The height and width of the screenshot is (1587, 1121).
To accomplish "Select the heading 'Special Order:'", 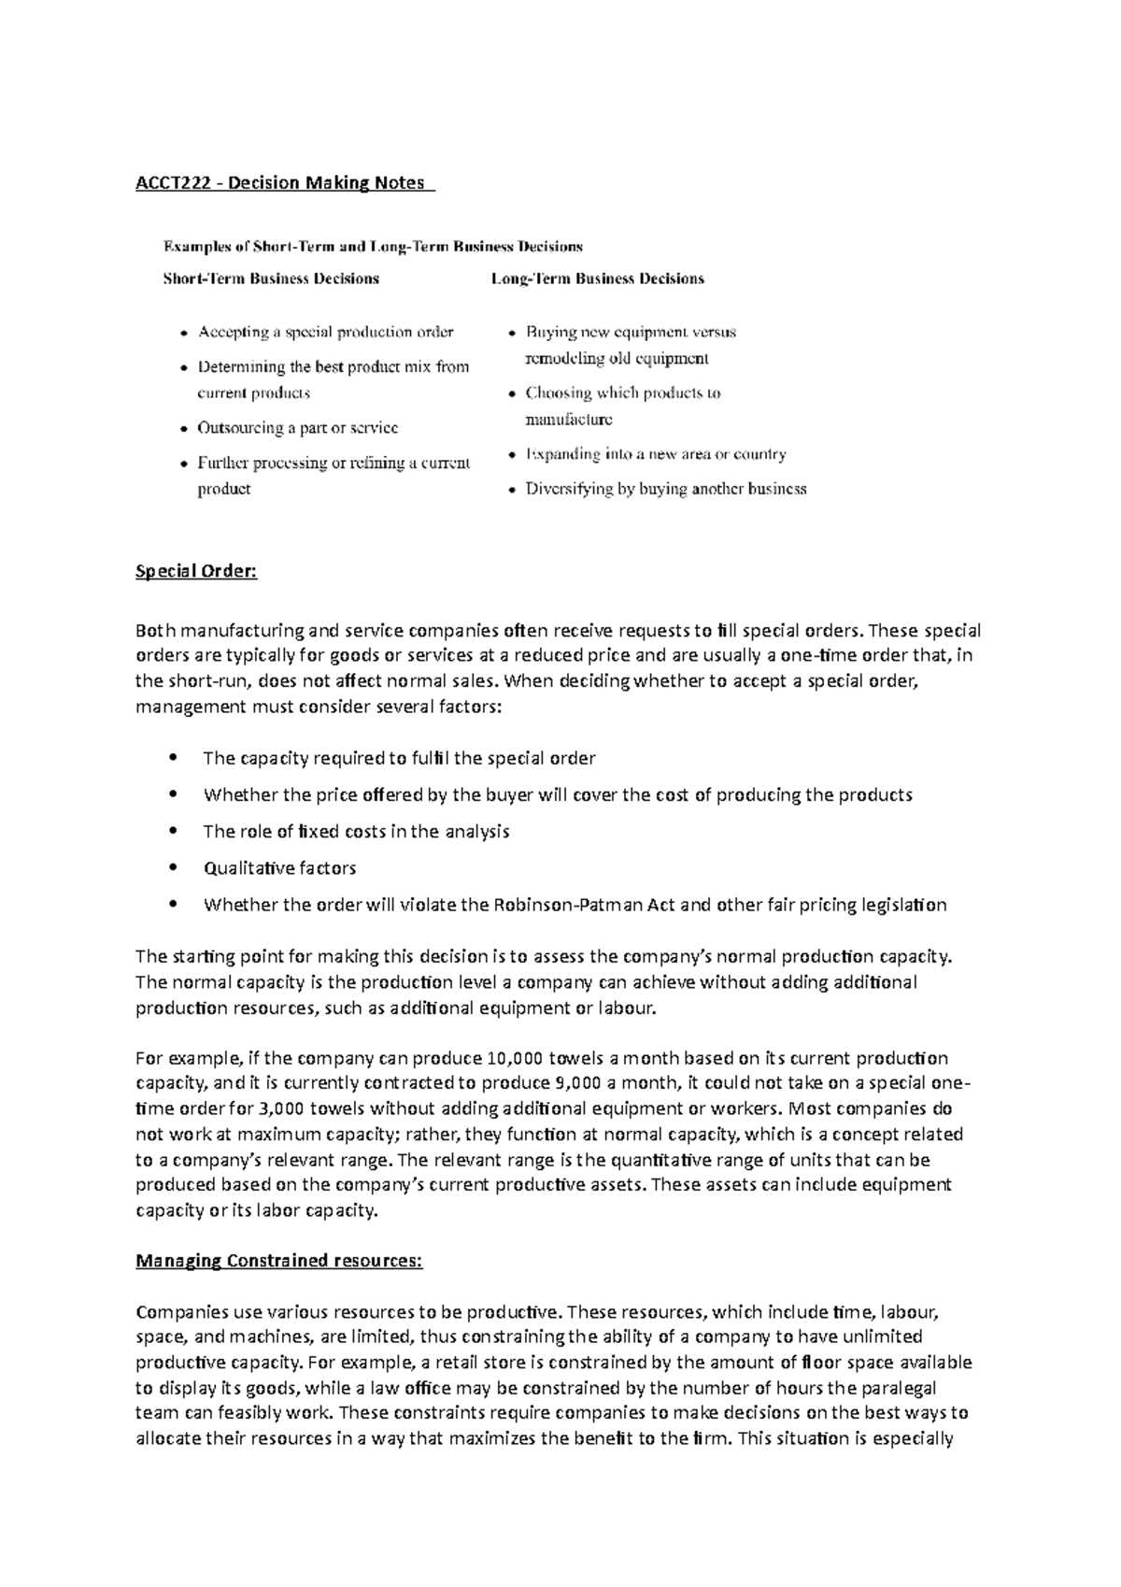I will [196, 571].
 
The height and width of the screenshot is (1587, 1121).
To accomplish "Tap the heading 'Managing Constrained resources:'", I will [279, 1261].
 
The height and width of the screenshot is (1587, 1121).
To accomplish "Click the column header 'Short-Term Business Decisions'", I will [271, 279].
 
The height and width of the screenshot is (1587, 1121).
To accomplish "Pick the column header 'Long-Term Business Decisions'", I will [598, 279].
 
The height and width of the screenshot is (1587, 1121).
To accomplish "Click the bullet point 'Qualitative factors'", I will [279, 868].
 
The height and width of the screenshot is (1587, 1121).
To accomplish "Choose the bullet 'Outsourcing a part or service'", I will [297, 428].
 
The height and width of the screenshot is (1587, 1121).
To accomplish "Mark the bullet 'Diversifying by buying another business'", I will [666, 489].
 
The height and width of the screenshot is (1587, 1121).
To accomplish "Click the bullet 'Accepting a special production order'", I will [325, 333].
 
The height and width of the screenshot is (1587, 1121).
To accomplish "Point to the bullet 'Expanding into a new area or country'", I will [656, 454].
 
